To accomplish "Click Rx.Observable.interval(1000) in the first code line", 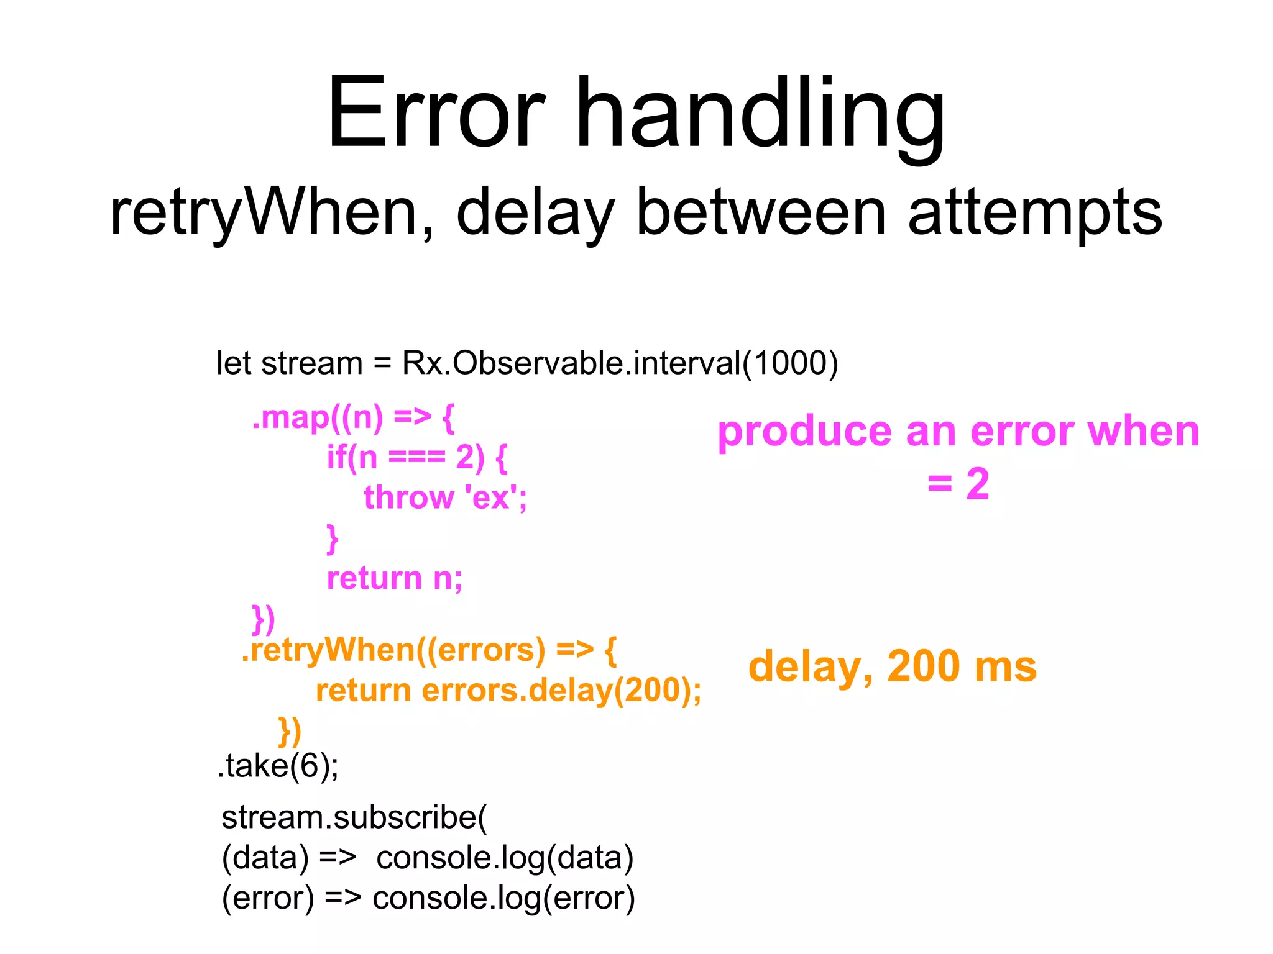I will pos(620,363).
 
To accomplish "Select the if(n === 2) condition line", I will pos(417,458).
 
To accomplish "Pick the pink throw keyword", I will pos(408,498).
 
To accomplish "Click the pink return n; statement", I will pos(395,578).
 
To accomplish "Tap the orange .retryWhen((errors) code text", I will pos(393,650).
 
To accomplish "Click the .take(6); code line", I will pos(278,765).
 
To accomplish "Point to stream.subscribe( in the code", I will pos(354,817).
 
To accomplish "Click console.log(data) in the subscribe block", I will pos(505,858).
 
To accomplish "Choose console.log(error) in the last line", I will pos(503,898).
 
